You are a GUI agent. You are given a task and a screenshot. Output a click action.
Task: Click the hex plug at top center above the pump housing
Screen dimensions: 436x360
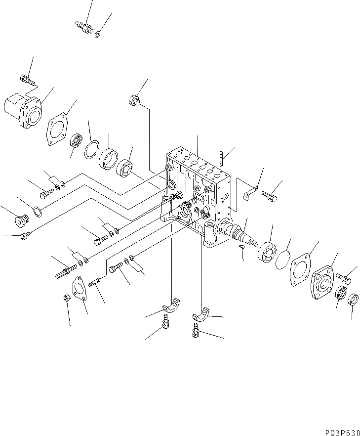click(x=134, y=99)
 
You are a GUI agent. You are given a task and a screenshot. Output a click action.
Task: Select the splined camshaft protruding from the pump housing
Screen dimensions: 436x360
click(x=237, y=234)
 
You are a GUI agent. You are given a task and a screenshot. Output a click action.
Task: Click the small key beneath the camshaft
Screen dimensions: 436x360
click(x=241, y=248)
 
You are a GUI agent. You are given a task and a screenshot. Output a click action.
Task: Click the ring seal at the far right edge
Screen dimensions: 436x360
click(x=353, y=300)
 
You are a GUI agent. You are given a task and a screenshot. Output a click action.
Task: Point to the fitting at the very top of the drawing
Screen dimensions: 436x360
click(x=84, y=26)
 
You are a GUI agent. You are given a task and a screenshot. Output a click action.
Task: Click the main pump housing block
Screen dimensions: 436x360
click(x=198, y=193)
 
